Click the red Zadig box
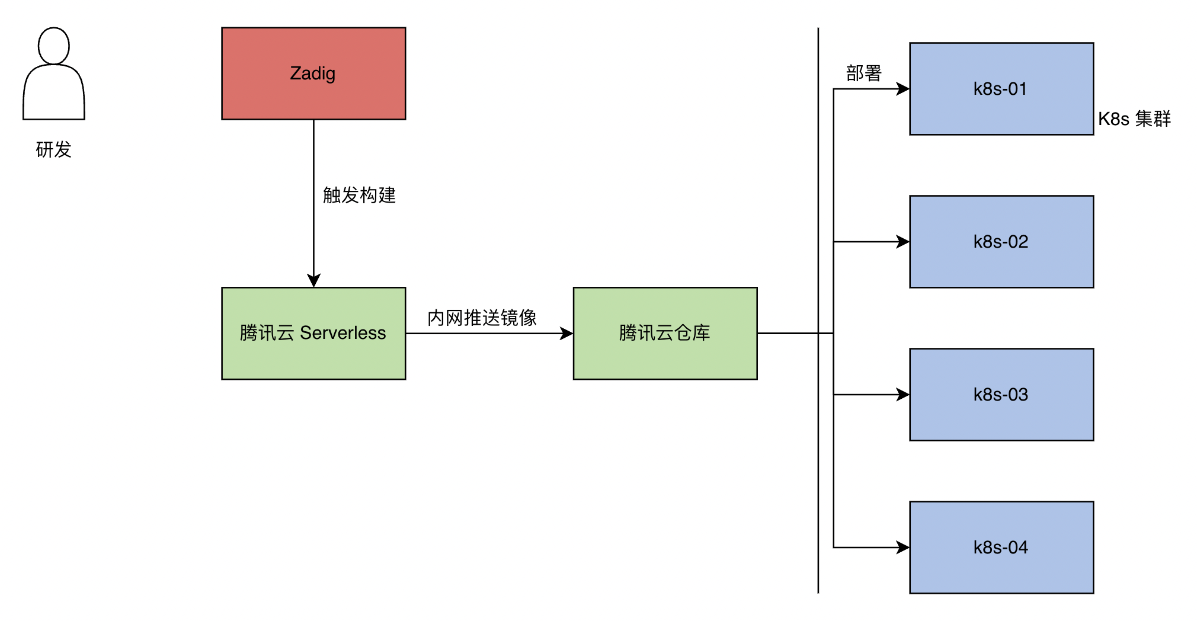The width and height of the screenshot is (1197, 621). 313,73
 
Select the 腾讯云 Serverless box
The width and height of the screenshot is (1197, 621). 313,334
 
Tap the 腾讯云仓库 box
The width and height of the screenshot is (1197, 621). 665,334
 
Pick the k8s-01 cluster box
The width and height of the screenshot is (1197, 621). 1001,89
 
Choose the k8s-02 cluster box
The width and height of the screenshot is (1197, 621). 1001,242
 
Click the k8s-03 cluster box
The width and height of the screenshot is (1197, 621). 1001,395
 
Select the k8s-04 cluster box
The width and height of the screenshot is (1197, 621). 1001,548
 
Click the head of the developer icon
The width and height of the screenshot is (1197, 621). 54,46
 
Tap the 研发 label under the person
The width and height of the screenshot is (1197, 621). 54,149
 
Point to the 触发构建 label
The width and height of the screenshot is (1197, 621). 359,195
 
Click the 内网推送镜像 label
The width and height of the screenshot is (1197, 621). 482,318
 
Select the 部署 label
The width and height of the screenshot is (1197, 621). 864,73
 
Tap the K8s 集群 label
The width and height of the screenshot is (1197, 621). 1134,119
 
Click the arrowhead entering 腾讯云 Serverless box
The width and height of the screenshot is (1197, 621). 313,280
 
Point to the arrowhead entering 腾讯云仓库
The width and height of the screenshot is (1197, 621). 567,334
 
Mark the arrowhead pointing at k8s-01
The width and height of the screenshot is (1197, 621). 902,89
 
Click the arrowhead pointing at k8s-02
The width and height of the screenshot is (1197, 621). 902,242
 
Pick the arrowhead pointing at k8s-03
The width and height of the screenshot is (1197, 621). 902,395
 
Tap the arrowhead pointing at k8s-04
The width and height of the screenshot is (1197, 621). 902,548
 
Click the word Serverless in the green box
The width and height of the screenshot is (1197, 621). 343,333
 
